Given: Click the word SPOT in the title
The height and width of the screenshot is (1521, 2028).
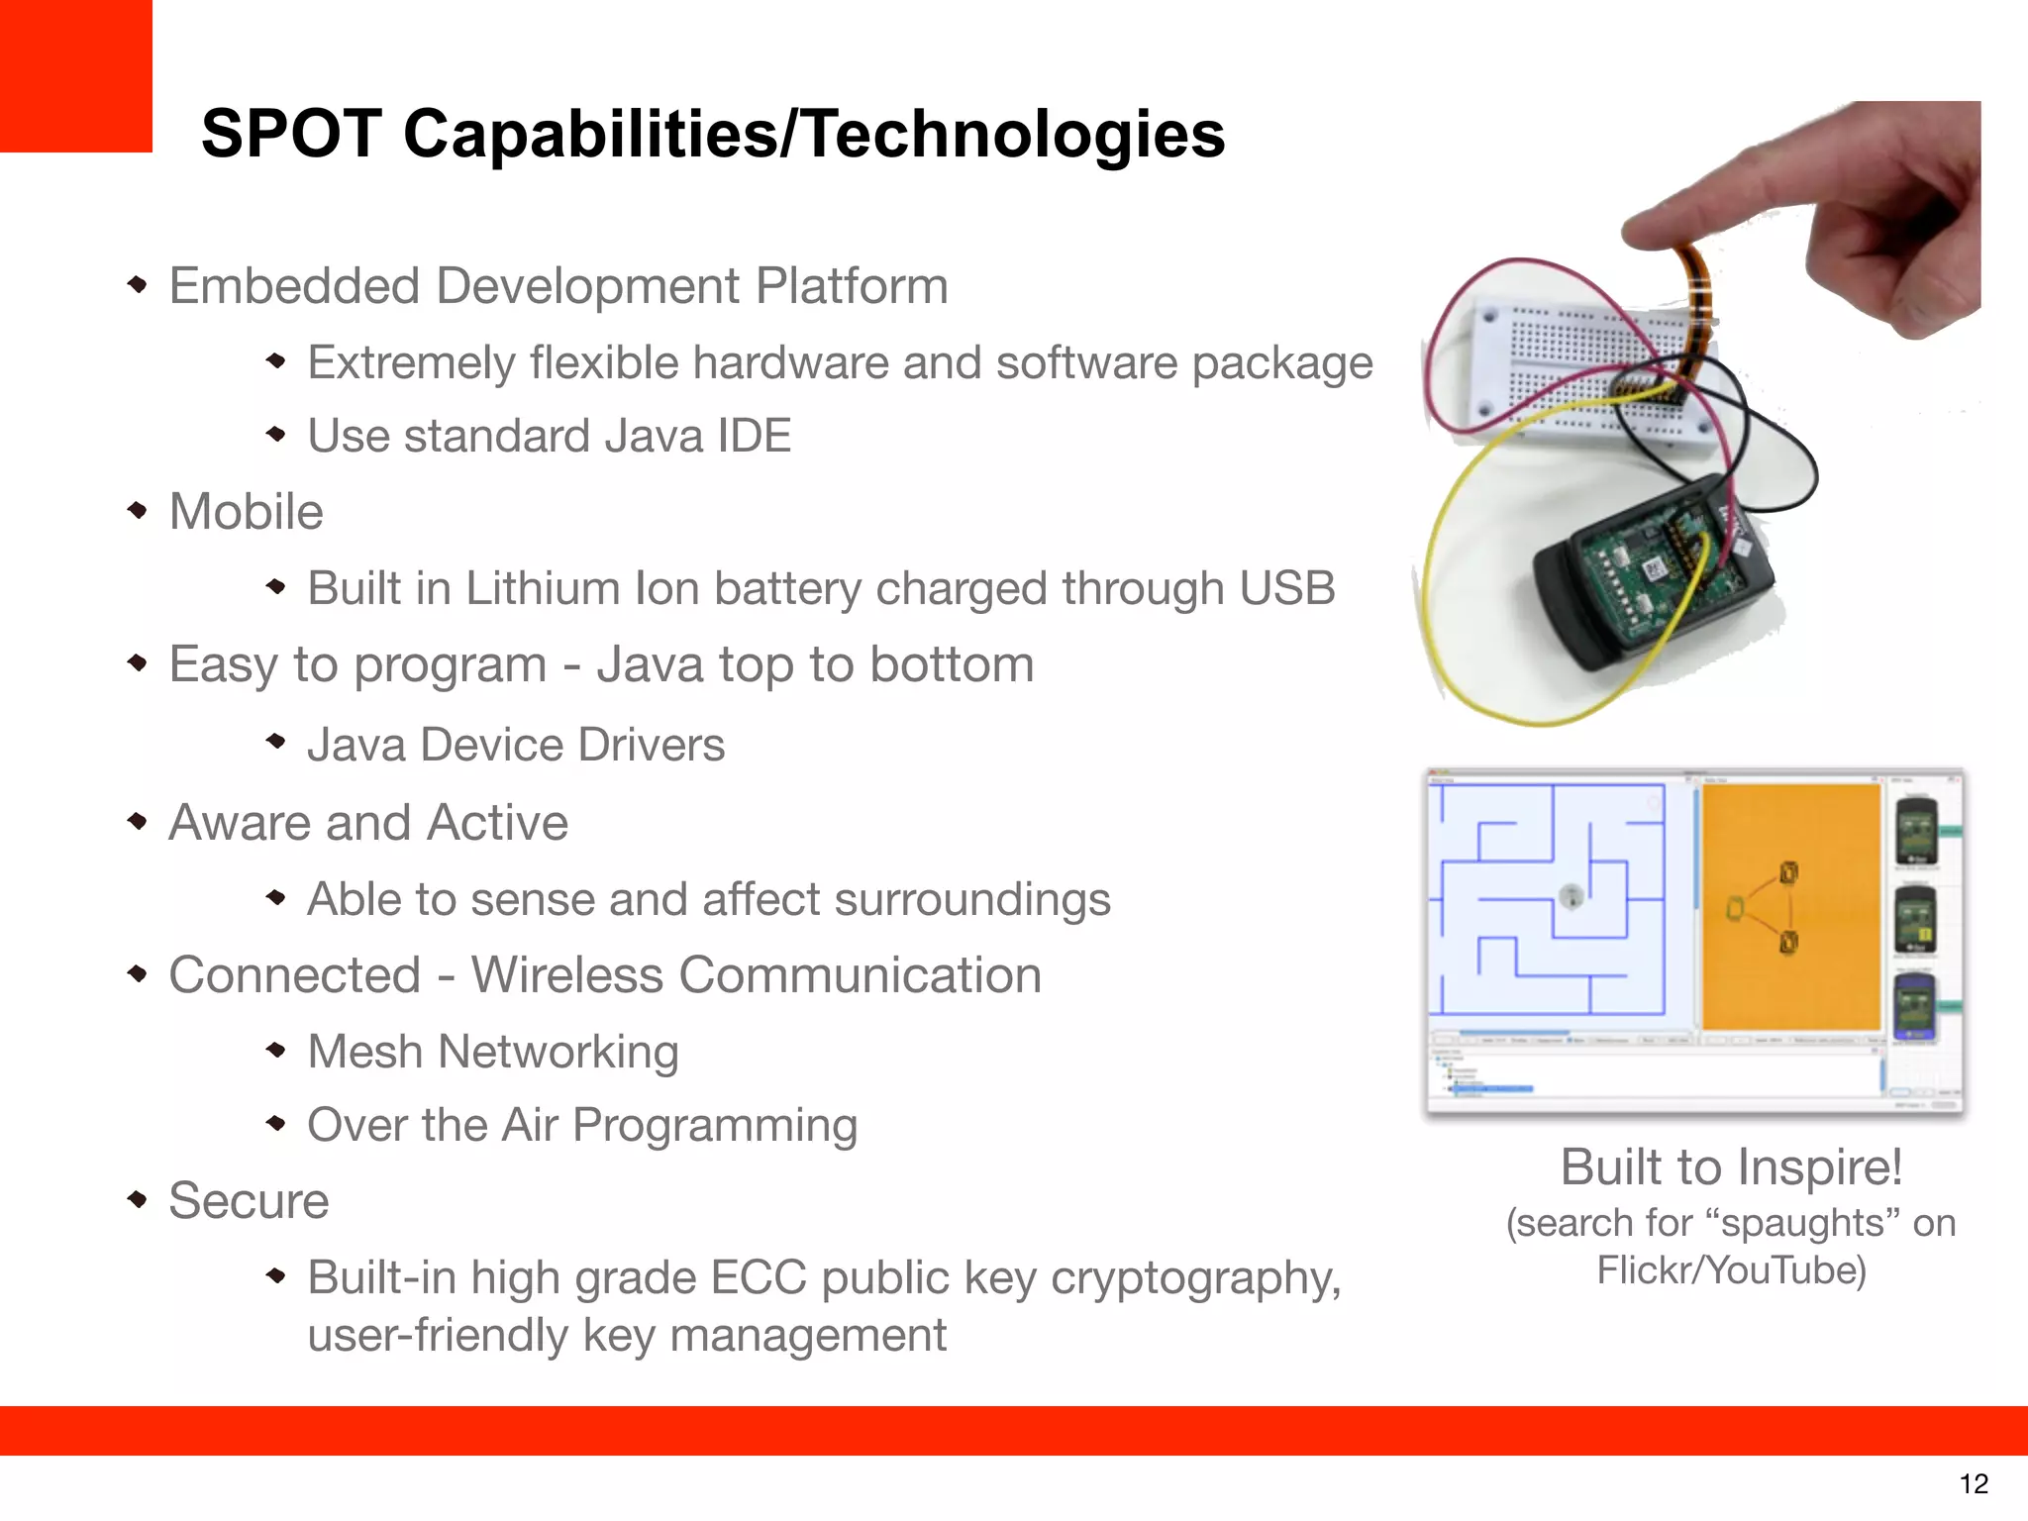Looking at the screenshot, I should point(291,134).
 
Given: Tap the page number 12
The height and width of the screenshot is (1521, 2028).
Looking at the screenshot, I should point(1974,1483).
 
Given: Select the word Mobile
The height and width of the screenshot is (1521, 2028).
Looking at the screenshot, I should point(246,512).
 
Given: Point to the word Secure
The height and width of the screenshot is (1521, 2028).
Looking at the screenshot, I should point(249,1201).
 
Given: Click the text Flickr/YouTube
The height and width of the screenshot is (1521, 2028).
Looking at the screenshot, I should point(1730,1270).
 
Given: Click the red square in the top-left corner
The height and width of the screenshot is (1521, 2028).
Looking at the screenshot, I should point(75,75).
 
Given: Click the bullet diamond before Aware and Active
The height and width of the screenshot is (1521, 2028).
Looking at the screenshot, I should point(138,821).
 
